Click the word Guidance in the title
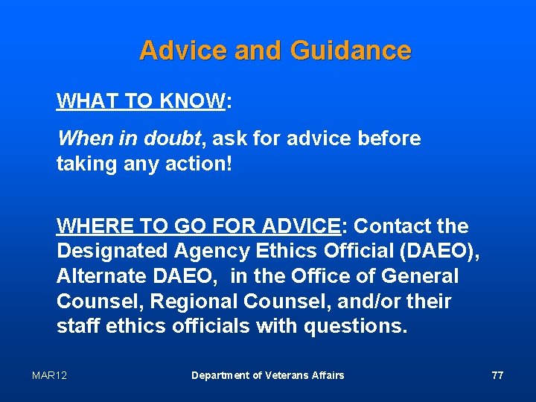[351, 51]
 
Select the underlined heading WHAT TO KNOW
[141, 101]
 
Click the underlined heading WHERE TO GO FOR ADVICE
[198, 226]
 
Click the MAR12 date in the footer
[49, 375]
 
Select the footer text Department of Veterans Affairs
[268, 375]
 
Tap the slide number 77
[497, 375]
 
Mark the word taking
[85, 164]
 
